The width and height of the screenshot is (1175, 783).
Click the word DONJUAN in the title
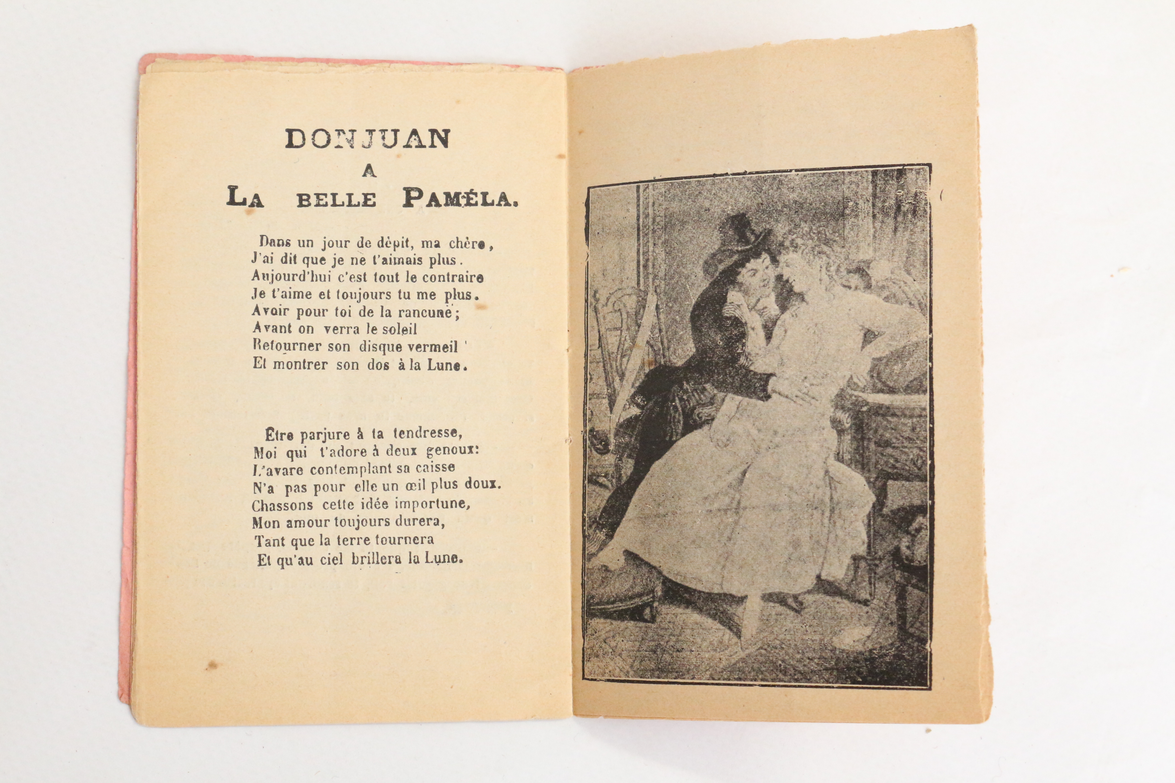pyautogui.click(x=368, y=139)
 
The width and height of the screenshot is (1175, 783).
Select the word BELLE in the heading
pyautogui.click(x=336, y=200)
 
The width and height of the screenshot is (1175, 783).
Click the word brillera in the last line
pyautogui.click(x=376, y=558)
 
